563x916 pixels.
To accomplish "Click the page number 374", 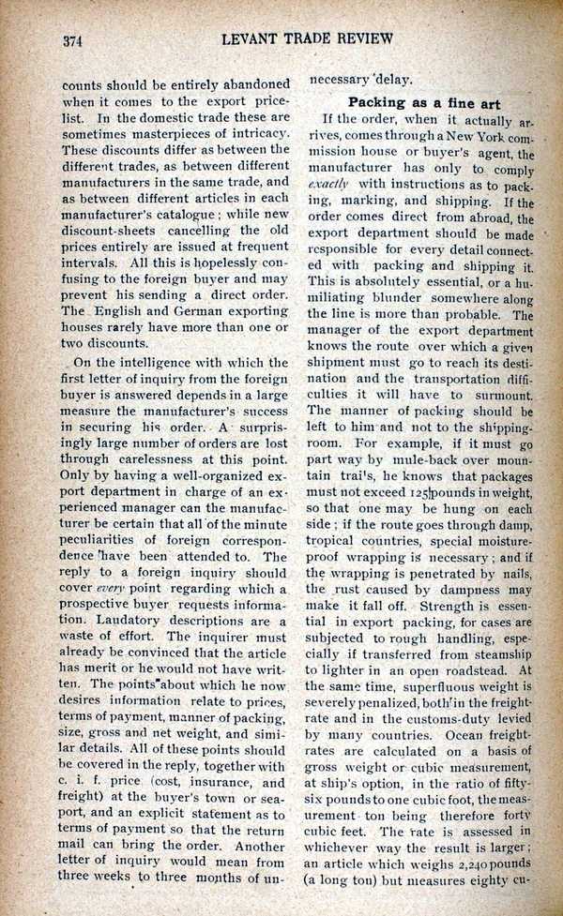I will pyautogui.click(x=75, y=40).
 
